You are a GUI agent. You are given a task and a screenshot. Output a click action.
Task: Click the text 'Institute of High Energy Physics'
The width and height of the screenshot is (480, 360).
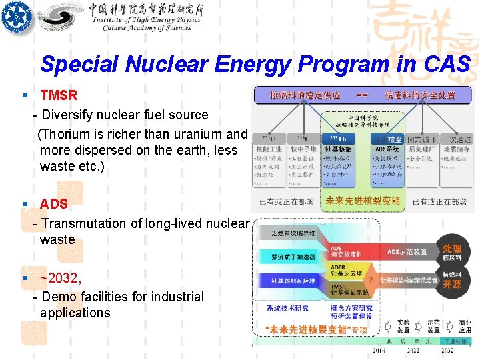tap(147, 20)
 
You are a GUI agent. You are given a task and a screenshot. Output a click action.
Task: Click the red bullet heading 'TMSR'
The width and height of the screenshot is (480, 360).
tap(59, 96)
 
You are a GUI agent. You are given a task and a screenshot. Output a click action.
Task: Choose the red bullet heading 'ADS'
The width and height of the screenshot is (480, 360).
tap(53, 204)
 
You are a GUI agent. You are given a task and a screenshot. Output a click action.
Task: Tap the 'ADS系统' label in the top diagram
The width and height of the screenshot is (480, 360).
tap(387, 149)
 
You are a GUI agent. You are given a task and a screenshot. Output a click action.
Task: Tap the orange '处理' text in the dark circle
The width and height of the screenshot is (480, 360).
tap(452, 249)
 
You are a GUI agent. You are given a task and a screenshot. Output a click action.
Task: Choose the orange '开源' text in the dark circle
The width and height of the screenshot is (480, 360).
tap(452, 283)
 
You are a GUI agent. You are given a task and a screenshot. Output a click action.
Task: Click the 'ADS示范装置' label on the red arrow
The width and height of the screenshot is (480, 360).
tap(407, 252)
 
